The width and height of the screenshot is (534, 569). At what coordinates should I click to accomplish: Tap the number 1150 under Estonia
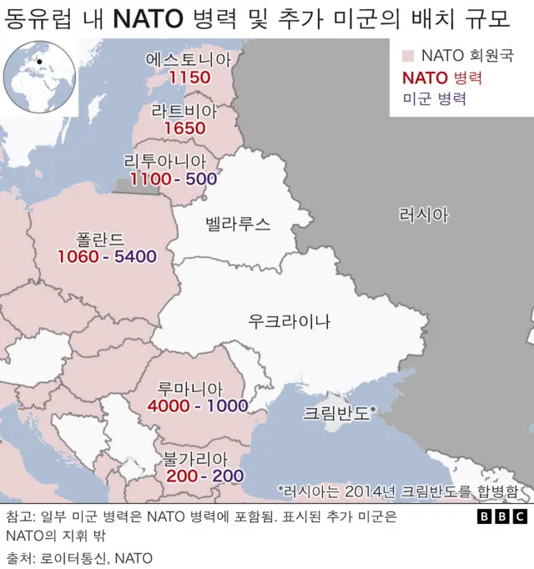(189, 78)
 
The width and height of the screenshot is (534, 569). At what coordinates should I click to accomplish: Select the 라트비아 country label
(184, 111)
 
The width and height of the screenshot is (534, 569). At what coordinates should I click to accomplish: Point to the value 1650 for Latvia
(184, 128)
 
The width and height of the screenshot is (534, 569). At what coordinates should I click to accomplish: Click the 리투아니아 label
(169, 161)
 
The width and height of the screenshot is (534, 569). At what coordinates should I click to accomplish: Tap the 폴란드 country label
(106, 238)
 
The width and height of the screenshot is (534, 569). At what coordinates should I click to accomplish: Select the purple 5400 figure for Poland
(135, 256)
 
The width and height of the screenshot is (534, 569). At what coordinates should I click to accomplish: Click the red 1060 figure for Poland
(78, 256)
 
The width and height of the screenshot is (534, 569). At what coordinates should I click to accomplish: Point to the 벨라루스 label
(238, 223)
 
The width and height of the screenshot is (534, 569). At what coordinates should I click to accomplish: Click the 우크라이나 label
(289, 320)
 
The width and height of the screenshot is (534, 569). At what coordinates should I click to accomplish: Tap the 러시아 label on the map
(424, 215)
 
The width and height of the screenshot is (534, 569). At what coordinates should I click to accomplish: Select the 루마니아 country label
(191, 388)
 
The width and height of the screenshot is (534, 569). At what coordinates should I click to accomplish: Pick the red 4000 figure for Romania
(168, 406)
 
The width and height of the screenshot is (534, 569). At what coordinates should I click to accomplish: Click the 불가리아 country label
(196, 458)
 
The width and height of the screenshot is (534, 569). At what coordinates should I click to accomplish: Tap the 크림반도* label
(340, 411)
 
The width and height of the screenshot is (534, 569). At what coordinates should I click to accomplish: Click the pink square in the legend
(408, 57)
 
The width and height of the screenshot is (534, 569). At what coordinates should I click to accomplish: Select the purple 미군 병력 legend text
(433, 98)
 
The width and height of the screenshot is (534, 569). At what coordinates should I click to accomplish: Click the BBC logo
(501, 516)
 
